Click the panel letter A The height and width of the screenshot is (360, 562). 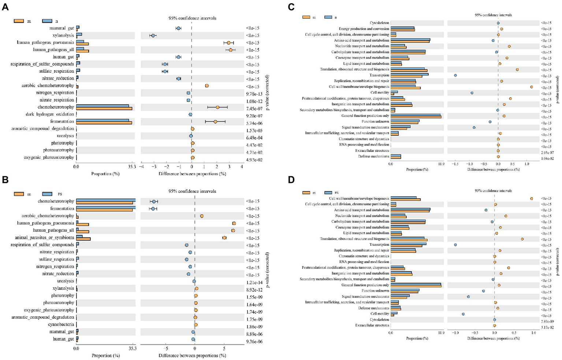tap(5, 7)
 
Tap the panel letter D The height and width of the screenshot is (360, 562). tap(291, 180)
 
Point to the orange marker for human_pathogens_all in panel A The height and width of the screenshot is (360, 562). tap(231, 50)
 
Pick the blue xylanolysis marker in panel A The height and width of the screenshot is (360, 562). tap(153, 35)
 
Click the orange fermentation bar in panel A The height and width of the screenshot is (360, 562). tap(104, 123)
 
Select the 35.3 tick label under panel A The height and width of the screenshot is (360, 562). tap(132, 167)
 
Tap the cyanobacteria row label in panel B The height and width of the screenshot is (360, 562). tap(61, 325)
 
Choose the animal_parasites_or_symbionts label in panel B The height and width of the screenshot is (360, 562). tap(44, 237)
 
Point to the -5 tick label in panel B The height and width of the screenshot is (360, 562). tap(165, 349)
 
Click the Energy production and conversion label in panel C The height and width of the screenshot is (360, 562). tap(364, 29)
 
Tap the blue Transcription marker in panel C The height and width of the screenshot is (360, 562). tap(455, 75)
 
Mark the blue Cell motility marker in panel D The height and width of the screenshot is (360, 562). tap(463, 314)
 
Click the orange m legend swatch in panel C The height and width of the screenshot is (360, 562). tap(306, 17)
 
